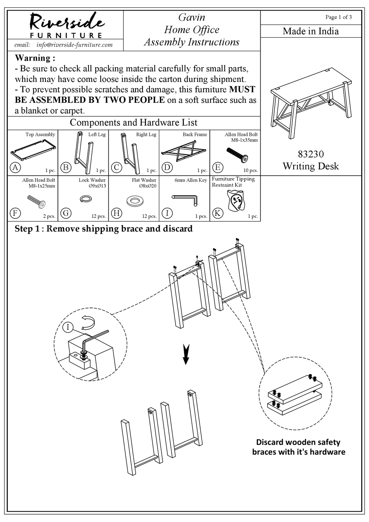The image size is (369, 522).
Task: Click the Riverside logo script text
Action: (65, 22)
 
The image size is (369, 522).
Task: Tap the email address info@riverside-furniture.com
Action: (74, 45)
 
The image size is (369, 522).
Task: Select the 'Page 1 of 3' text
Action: (338, 17)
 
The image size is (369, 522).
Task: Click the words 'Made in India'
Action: (310, 31)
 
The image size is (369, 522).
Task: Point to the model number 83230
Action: (310, 154)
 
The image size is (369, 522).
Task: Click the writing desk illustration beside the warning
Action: (311, 103)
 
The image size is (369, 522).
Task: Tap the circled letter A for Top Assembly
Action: (15, 168)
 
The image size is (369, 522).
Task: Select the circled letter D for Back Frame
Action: (167, 168)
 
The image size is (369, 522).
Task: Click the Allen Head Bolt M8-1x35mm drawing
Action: (237, 155)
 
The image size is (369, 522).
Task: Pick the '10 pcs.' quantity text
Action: (250, 170)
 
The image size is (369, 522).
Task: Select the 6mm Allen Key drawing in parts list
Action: (185, 199)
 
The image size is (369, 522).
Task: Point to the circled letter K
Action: (218, 213)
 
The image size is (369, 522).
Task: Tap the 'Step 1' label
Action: (27, 229)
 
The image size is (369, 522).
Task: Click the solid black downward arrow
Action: (186, 354)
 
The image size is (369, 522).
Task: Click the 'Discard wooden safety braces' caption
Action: (298, 447)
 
